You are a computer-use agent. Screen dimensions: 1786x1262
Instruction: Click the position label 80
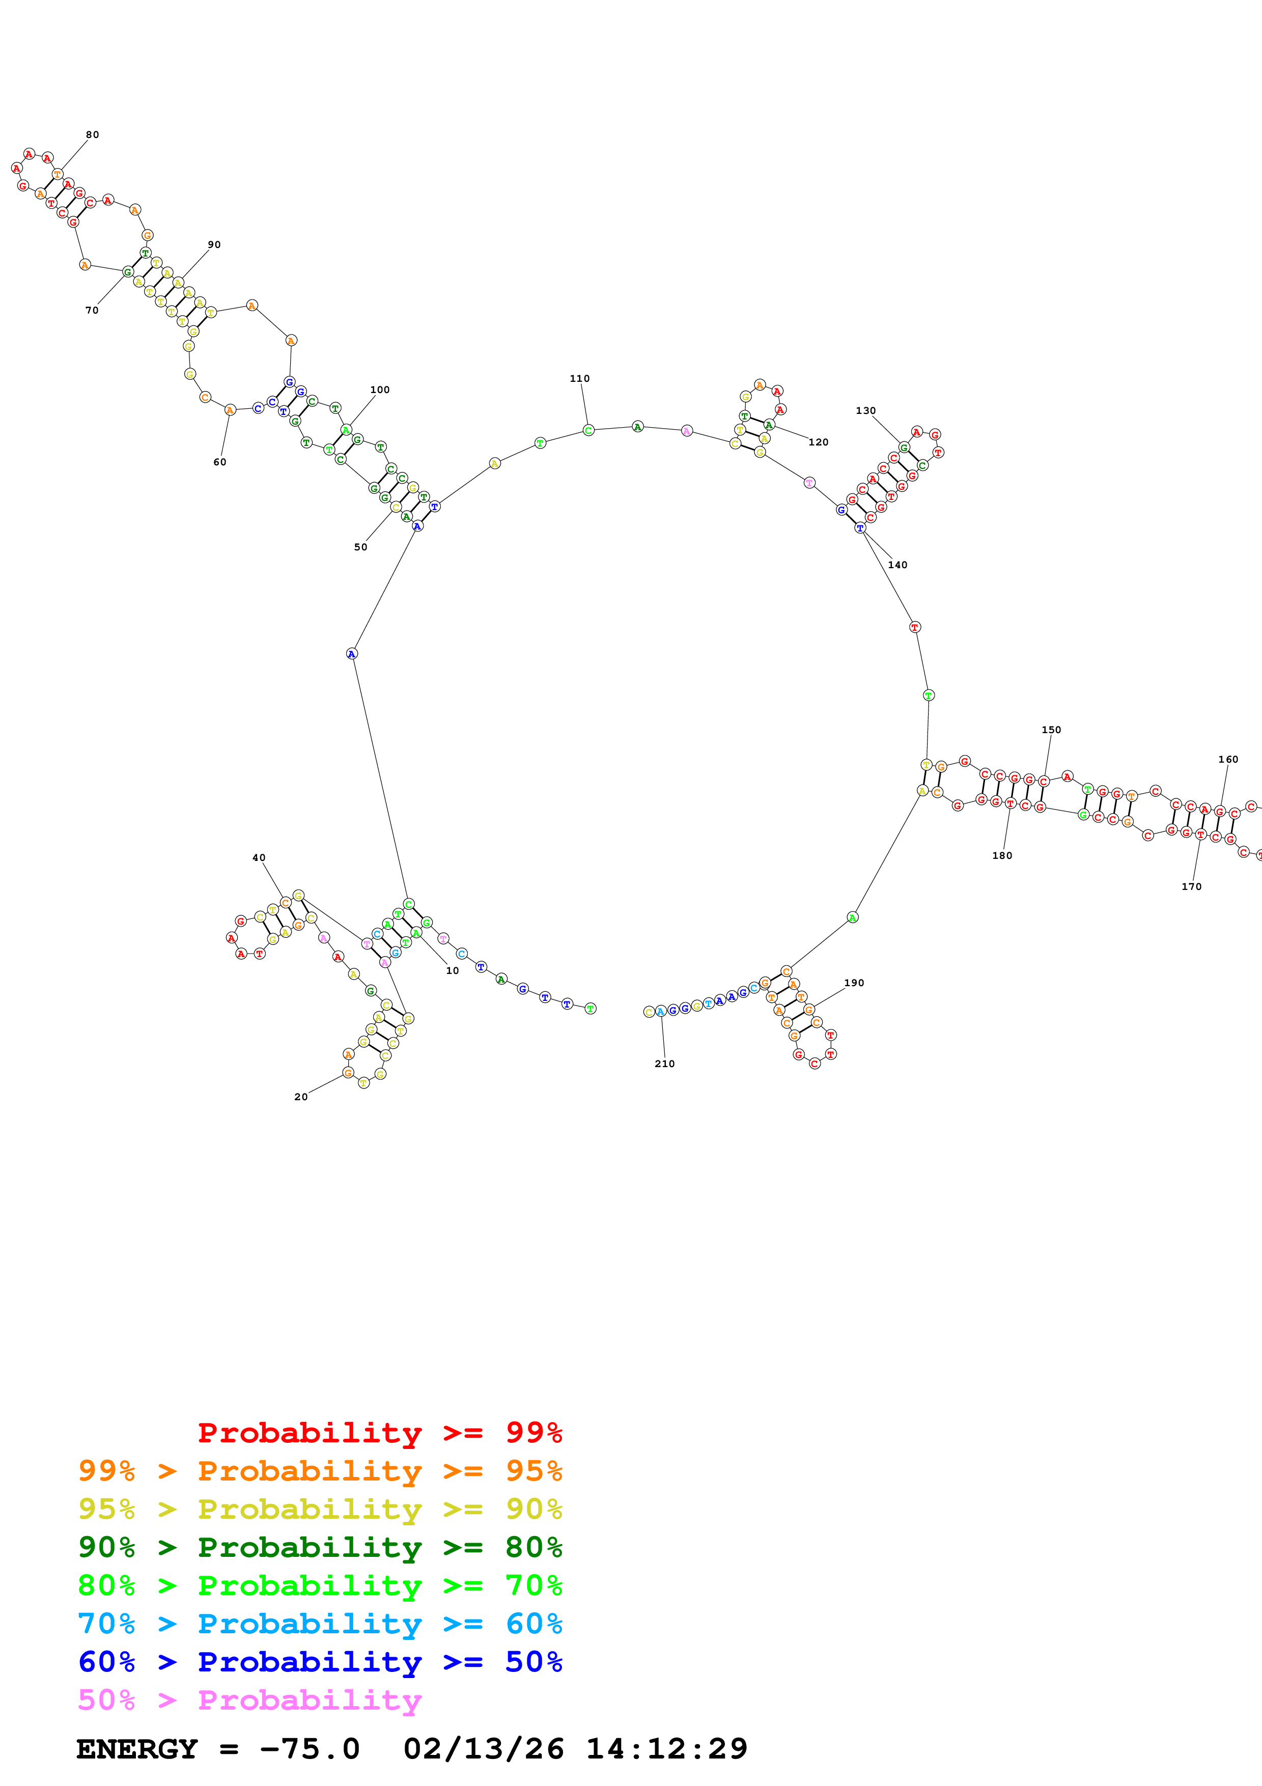(x=93, y=134)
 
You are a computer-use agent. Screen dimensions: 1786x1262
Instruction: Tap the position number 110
(x=579, y=379)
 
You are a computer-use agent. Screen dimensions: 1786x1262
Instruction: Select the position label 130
(x=865, y=411)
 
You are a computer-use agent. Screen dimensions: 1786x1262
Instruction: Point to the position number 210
(x=665, y=1064)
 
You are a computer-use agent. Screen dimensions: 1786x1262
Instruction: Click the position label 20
(x=301, y=1097)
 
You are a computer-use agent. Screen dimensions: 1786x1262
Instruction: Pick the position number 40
(x=259, y=858)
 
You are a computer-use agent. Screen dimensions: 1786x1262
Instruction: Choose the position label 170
(x=1191, y=887)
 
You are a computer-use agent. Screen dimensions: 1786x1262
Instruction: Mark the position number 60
(x=220, y=462)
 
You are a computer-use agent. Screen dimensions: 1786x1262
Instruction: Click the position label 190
(x=854, y=983)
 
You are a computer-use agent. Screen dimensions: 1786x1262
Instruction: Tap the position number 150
(x=1051, y=730)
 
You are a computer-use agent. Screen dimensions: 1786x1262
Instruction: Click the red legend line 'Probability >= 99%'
(x=379, y=1433)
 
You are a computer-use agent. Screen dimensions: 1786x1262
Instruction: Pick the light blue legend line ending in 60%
(x=320, y=1624)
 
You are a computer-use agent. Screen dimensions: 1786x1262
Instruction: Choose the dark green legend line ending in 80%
(x=320, y=1547)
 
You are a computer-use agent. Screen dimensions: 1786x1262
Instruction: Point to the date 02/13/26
(x=483, y=1749)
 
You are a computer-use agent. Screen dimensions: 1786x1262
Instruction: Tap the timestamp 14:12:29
(x=666, y=1749)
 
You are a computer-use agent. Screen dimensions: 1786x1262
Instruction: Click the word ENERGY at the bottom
(x=137, y=1749)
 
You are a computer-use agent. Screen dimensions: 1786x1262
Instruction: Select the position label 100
(x=379, y=389)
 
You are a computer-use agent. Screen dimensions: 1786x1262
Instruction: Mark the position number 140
(x=898, y=565)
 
